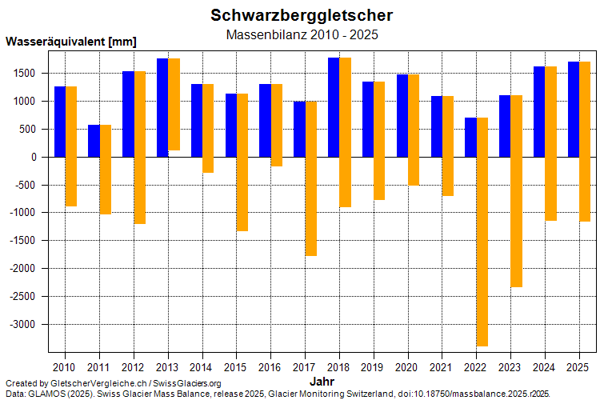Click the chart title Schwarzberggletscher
point(302,15)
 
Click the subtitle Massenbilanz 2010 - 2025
point(302,35)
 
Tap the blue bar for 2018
point(334,107)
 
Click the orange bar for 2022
point(482,232)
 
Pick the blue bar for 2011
point(94,141)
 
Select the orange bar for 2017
point(310,179)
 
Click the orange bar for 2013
point(174,104)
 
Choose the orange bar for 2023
point(517,191)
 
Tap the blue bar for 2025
point(574,109)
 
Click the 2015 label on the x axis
point(236,366)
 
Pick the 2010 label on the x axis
point(65,366)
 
